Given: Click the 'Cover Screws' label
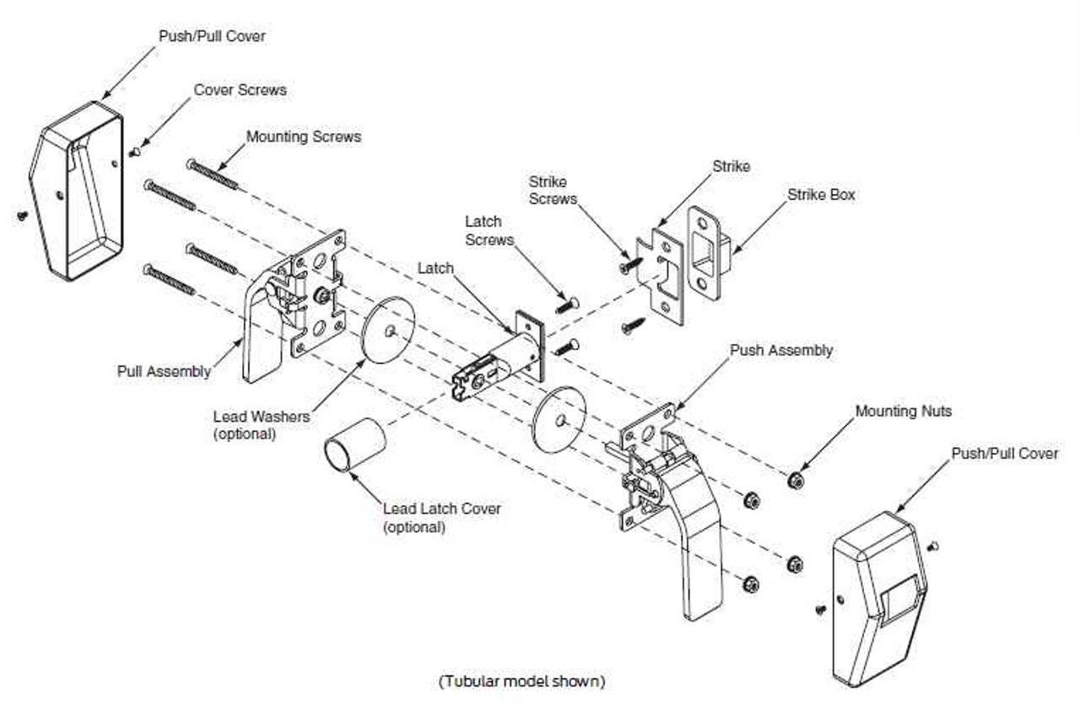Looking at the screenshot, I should pyautogui.click(x=240, y=89).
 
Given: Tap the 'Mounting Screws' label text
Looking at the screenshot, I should pyautogui.click(x=303, y=136).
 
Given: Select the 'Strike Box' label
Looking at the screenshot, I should pyautogui.click(x=821, y=194).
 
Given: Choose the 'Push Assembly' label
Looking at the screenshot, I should pyautogui.click(x=780, y=350).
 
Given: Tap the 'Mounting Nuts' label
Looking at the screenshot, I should pyautogui.click(x=903, y=412).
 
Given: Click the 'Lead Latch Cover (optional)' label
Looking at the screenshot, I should pyautogui.click(x=441, y=518).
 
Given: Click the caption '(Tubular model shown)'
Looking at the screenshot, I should pyautogui.click(x=521, y=681).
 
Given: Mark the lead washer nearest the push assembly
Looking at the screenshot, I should pyautogui.click(x=559, y=421).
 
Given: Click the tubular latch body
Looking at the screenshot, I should pyautogui.click(x=498, y=363).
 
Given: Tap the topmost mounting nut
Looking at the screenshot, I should pyautogui.click(x=793, y=481).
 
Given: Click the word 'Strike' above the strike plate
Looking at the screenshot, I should pyautogui.click(x=731, y=166).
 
